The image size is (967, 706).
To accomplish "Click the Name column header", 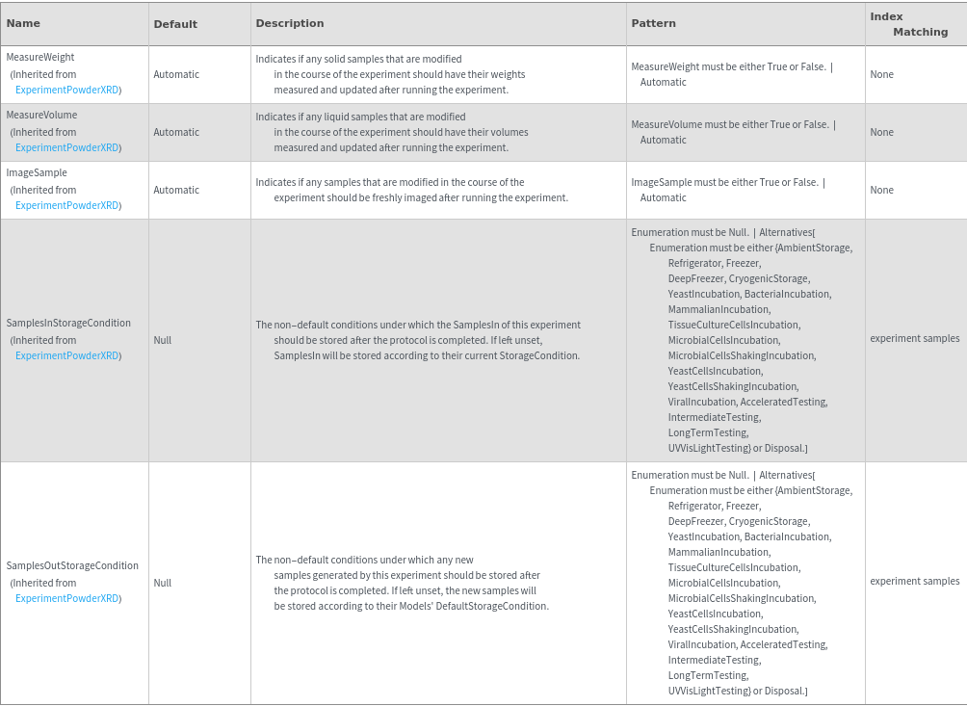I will point(24,23).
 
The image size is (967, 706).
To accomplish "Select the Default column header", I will point(175,24).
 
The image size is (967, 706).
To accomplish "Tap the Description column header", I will point(290,23).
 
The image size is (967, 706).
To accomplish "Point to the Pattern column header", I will point(653,23).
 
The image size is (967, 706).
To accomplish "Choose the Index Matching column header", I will point(909,24).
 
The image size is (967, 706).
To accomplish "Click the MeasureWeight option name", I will point(40,58).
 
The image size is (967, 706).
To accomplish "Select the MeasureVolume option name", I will point(42,116).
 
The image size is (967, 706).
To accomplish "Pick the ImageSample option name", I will point(37,173).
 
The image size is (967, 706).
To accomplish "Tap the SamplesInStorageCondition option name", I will point(68,324).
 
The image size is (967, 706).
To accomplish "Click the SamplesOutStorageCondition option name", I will point(72,566).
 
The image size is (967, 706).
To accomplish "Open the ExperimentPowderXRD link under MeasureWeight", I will point(67,91).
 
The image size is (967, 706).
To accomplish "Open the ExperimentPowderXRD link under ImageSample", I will point(67,206).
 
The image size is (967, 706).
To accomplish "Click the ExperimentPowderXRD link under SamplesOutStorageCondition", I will point(67,599).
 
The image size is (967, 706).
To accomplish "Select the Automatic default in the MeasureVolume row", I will point(176,133).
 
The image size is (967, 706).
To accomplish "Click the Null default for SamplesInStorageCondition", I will point(163,341).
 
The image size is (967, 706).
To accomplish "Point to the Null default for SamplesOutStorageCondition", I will point(163,584).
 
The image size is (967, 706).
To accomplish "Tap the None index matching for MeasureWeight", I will point(881,75).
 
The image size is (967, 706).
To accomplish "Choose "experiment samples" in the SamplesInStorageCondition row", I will point(914,339).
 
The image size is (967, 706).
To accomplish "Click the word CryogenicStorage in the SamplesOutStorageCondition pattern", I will point(769,522).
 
